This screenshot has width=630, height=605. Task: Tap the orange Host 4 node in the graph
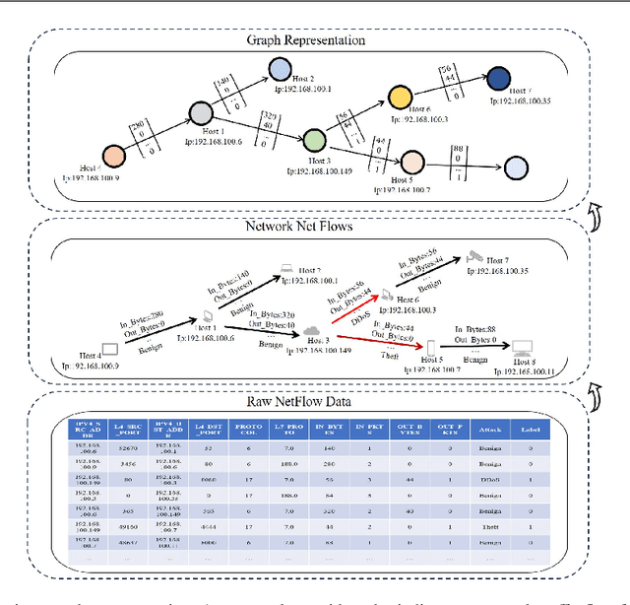[114, 156]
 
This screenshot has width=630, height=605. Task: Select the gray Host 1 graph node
[201, 113]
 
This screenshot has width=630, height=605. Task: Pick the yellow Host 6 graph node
[399, 97]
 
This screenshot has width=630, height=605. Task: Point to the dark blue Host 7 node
[498, 78]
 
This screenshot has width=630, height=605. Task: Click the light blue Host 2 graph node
[279, 67]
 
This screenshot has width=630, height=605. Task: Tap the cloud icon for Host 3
[314, 332]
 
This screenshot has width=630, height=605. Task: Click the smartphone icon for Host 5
[429, 346]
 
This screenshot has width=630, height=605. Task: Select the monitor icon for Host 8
[522, 348]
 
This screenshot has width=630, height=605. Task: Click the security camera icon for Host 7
[475, 255]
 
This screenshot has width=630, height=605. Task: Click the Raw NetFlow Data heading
[314, 401]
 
